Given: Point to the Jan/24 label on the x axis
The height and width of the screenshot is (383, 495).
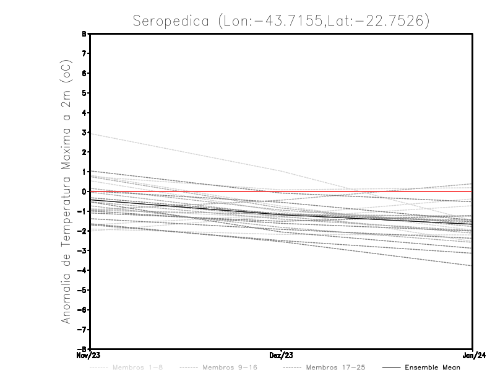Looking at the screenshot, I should tap(473, 355).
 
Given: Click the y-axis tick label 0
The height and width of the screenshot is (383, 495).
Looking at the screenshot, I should tap(85, 191).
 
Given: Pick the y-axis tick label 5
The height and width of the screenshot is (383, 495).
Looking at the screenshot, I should tap(85, 93).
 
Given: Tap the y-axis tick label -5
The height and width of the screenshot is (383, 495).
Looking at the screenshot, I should tap(83, 290).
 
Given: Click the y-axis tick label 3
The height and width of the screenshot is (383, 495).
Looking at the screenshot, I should tap(85, 133).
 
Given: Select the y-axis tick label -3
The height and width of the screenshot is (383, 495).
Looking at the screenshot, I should tap(83, 250).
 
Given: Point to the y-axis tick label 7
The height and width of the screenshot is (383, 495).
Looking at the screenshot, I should tap(85, 54).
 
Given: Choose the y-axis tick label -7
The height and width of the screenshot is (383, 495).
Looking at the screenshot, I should tap(83, 329).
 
